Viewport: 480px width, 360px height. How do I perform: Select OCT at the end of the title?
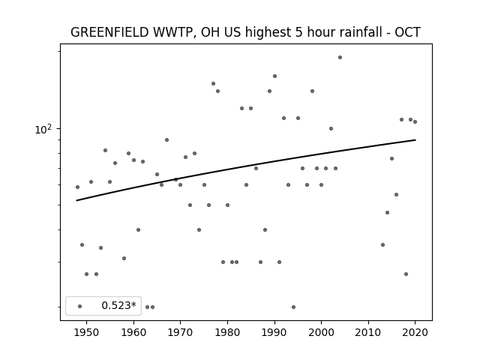point(408,32)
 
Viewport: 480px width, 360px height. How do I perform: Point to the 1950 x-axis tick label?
point(87,332)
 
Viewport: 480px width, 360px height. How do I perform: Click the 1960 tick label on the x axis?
point(133,332)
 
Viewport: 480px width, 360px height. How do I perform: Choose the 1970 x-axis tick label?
point(180,332)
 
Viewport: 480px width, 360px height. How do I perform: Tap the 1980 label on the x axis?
point(227,332)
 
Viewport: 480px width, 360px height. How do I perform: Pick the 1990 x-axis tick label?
point(274,332)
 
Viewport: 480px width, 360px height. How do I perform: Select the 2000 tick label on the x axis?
point(322,332)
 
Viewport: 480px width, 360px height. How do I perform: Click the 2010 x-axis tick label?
point(368,332)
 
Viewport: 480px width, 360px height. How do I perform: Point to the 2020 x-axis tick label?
point(415,332)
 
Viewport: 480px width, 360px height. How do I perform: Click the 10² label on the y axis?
point(43,129)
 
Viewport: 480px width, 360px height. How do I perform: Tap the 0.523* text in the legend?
point(118,305)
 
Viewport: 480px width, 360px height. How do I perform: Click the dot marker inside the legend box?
point(80,306)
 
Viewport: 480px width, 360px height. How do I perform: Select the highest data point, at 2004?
point(340,57)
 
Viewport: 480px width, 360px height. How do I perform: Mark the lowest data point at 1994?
point(293,307)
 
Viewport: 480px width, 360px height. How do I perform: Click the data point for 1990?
point(274,76)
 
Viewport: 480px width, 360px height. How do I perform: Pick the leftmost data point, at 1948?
point(77,187)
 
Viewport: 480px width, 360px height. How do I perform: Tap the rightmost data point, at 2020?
point(415,121)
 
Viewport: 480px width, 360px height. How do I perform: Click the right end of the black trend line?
point(415,140)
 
